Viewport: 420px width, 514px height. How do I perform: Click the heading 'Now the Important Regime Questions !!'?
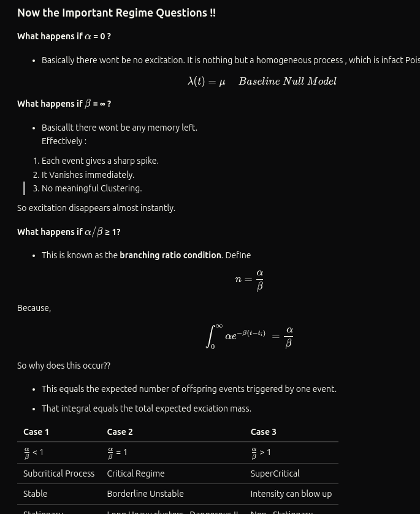116,13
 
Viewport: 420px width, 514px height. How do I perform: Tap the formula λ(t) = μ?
207,81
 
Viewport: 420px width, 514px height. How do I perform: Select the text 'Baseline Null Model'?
288,81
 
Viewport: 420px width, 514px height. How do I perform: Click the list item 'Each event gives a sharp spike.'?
100,161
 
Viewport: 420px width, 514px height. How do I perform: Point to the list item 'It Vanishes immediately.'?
88,175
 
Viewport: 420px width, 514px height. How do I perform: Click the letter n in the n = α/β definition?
239,279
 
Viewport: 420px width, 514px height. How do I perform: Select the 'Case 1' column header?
36,432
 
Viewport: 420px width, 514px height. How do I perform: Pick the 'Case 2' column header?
120,432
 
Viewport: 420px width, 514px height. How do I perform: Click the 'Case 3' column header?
263,432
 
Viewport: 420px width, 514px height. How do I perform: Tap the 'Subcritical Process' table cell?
59,474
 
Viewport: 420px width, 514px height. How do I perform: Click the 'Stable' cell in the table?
35,494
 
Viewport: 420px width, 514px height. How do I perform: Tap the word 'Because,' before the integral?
34,308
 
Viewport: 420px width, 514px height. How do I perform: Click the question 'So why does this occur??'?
64,366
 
